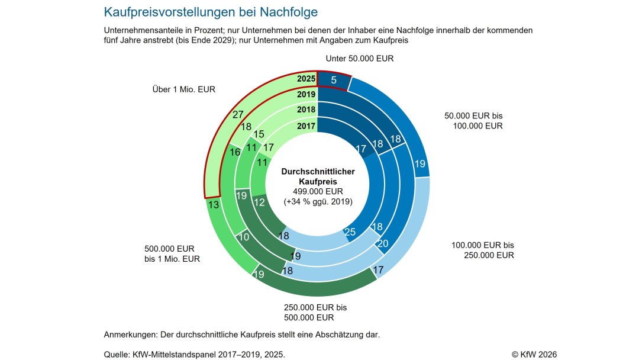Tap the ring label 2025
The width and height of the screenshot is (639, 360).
pyautogui.click(x=306, y=79)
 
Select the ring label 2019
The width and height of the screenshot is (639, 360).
pyautogui.click(x=306, y=94)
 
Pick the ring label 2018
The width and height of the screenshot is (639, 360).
pyautogui.click(x=306, y=110)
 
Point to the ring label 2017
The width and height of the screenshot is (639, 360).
pyautogui.click(x=306, y=126)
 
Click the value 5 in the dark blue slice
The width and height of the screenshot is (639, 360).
pyautogui.click(x=334, y=79)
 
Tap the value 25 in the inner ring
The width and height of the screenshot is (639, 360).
pyautogui.click(x=350, y=232)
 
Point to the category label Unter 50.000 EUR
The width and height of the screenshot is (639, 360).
pyautogui.click(x=359, y=59)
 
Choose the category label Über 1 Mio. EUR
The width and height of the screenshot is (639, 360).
pyautogui.click(x=183, y=90)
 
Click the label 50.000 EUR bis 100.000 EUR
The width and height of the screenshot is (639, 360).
pyautogui.click(x=473, y=121)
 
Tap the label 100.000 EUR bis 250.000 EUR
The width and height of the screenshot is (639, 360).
pyautogui.click(x=483, y=250)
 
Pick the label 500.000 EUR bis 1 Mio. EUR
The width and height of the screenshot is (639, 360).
pyautogui.click(x=172, y=254)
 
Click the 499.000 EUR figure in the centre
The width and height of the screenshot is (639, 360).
pyautogui.click(x=318, y=191)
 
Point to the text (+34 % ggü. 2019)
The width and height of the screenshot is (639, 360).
pyautogui.click(x=318, y=201)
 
